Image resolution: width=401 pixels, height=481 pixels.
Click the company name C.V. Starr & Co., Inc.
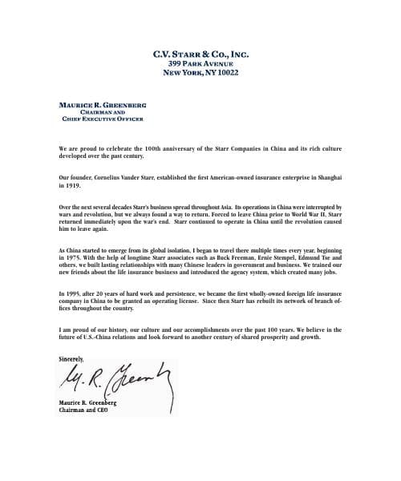click(x=200, y=55)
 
